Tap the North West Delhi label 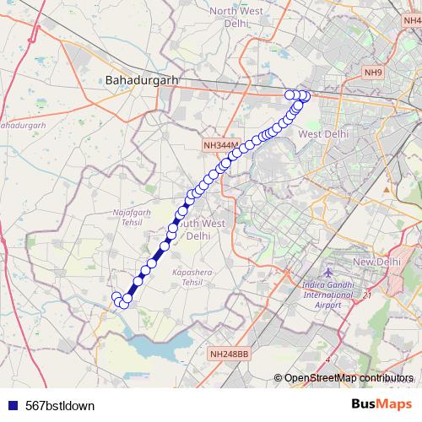point(237,18)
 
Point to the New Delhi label point(376,262)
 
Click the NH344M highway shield point(222,145)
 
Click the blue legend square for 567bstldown point(13,405)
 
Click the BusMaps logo point(376,404)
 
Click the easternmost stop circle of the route point(305,96)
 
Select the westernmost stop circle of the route point(117,296)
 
